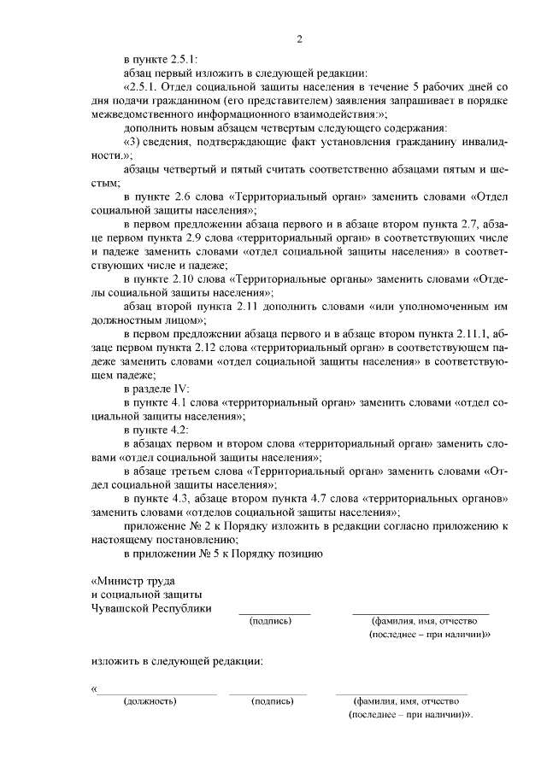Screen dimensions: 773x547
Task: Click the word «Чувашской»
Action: pyautogui.click(x=124, y=608)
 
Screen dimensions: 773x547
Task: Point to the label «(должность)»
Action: pyautogui.click(x=150, y=701)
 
